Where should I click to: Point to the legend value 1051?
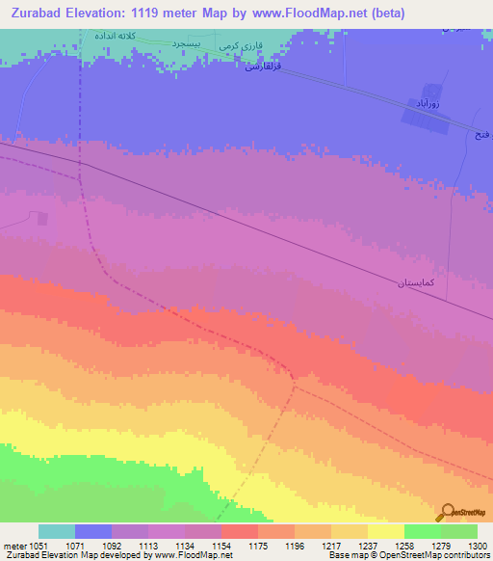coord(39,545)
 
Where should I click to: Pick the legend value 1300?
coord(477,545)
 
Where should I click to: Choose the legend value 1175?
coord(257,545)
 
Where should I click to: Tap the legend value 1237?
coord(367,545)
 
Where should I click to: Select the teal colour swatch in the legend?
coord(57,531)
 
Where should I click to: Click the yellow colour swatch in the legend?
coord(385,531)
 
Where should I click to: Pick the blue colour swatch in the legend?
coord(93,531)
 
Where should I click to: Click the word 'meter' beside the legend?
coord(13,545)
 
